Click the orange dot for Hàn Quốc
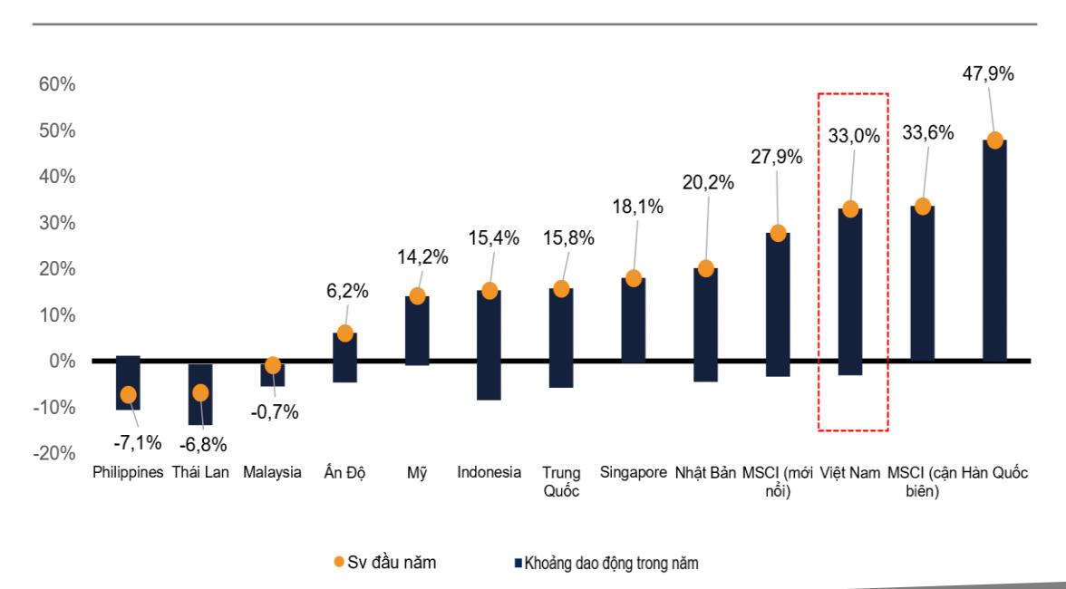click(x=994, y=140)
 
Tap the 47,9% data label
click(x=987, y=74)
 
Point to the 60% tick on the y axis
click(x=56, y=84)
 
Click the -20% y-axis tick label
click(x=53, y=454)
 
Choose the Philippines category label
click(x=128, y=472)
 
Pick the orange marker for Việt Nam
click(x=850, y=209)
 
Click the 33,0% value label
click(x=854, y=136)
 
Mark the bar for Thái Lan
click(x=200, y=394)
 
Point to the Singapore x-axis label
click(x=634, y=472)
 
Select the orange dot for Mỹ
click(x=417, y=296)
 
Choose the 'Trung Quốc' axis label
click(x=561, y=481)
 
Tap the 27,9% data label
click(x=777, y=157)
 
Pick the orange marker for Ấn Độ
click(x=344, y=333)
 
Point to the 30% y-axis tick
click(x=56, y=223)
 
